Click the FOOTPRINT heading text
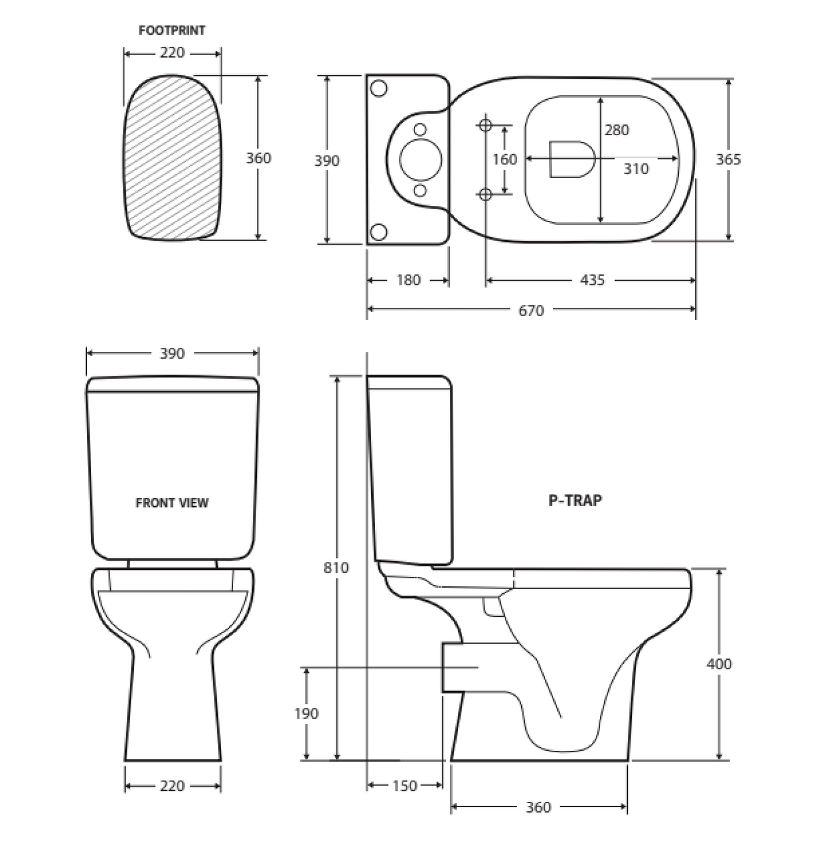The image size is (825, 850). [171, 31]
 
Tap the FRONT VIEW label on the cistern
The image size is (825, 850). [172, 503]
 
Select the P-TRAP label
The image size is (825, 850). [575, 501]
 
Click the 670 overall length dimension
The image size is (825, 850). [531, 311]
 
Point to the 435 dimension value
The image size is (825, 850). [592, 280]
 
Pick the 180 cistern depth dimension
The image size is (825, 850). [408, 280]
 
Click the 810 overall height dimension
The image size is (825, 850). [336, 567]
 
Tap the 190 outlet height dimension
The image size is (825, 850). [306, 713]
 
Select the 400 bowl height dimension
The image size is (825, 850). [719, 664]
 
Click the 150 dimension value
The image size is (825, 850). [404, 786]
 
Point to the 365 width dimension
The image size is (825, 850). [729, 159]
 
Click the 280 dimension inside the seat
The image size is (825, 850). [617, 130]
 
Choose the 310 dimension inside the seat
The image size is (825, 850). [636, 169]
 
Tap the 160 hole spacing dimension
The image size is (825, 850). [505, 160]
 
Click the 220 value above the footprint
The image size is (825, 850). [171, 53]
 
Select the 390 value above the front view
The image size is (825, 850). [172, 353]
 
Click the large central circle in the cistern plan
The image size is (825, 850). [420, 159]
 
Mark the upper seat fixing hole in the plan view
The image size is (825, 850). [485, 125]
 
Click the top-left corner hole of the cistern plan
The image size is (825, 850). [379, 88]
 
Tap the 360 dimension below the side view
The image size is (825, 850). [538, 807]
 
